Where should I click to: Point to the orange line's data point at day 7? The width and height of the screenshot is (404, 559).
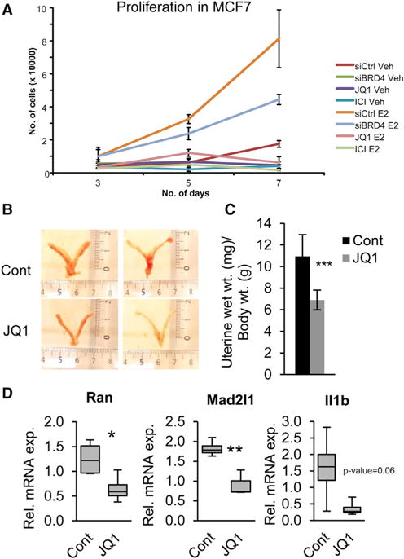[279, 38]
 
